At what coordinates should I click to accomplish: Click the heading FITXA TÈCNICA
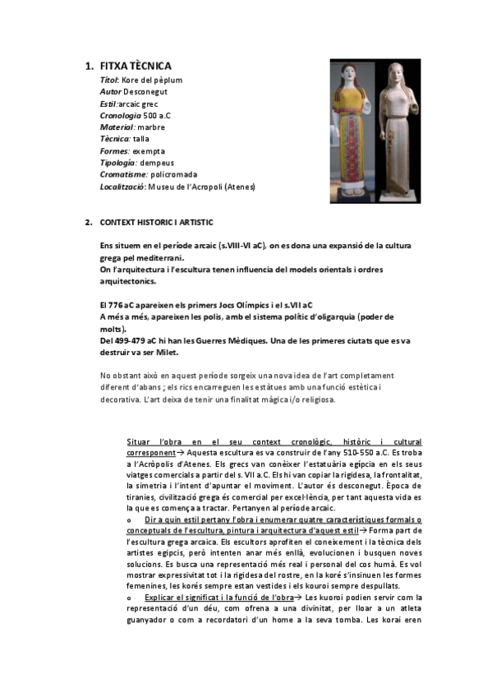(x=136, y=66)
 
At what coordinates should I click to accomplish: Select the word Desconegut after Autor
(x=148, y=92)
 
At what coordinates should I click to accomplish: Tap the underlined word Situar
(x=139, y=442)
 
